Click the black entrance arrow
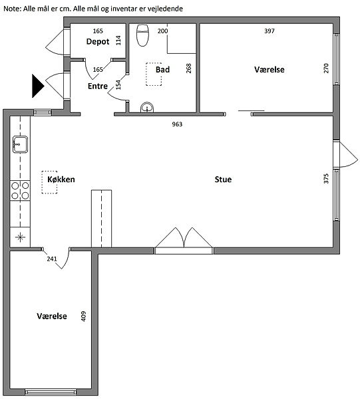click(x=38, y=86)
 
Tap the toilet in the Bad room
click(x=142, y=35)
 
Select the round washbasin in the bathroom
click(x=147, y=107)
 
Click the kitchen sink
click(x=20, y=144)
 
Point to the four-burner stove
click(x=20, y=191)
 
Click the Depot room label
click(x=98, y=41)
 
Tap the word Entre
click(x=98, y=86)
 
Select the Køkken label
click(x=61, y=180)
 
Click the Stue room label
click(x=223, y=180)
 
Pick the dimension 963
click(x=177, y=124)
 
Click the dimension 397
click(x=270, y=31)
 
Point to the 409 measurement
click(x=83, y=317)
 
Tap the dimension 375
click(x=326, y=179)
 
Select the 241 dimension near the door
click(x=52, y=259)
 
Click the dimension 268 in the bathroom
click(x=189, y=68)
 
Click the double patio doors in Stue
click(x=184, y=241)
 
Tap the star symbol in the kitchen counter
click(x=20, y=237)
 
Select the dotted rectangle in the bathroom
click(x=154, y=74)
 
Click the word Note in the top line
click(x=12, y=9)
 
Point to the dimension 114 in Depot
click(x=118, y=41)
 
